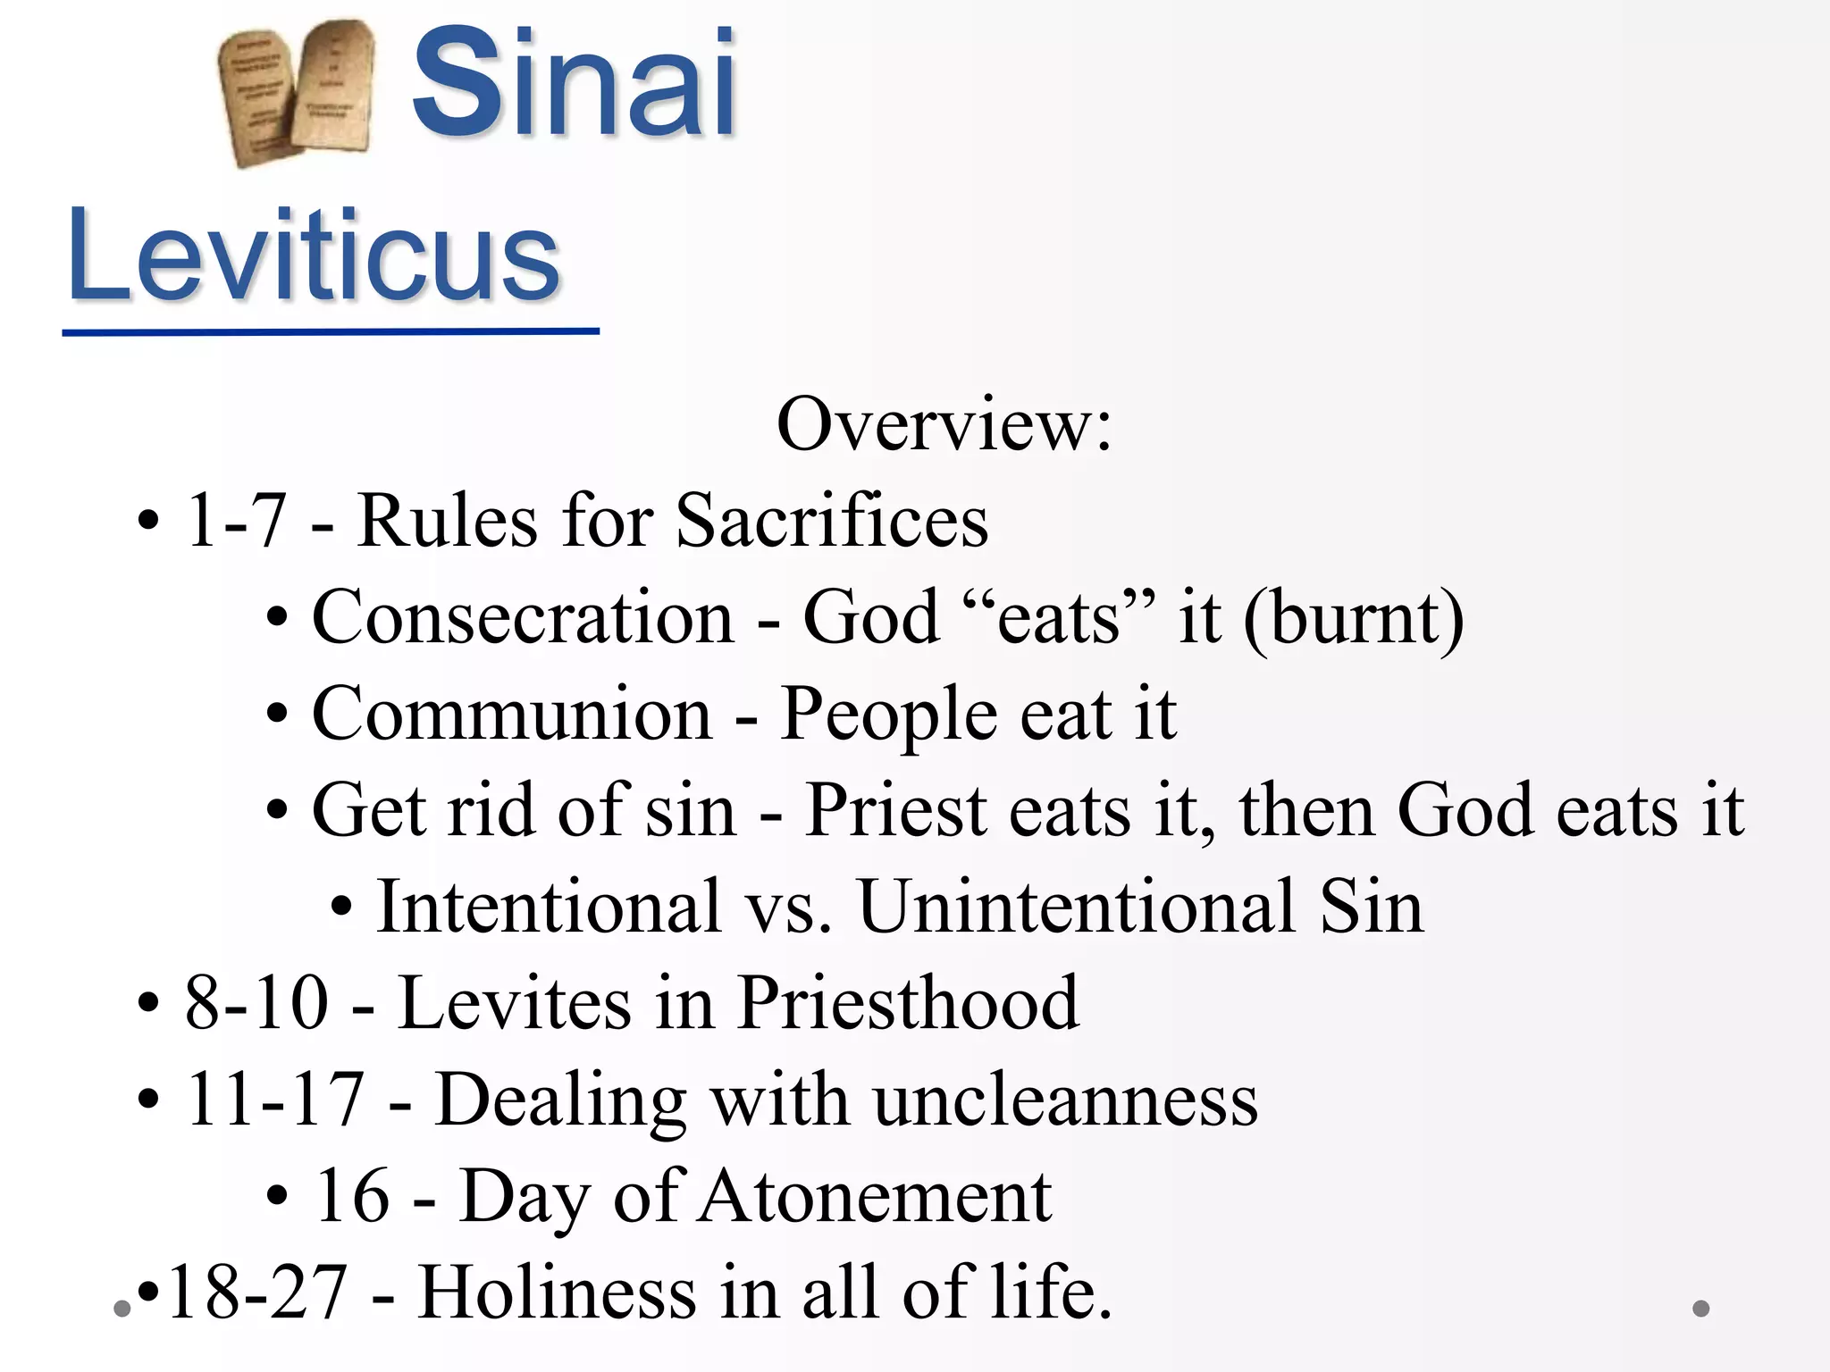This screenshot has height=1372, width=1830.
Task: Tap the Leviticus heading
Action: tap(314, 255)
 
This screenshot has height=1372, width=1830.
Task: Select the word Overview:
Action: tap(944, 424)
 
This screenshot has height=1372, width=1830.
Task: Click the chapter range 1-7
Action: tap(236, 520)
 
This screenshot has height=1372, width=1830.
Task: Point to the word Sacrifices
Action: tap(832, 520)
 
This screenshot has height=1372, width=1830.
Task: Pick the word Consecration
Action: tap(523, 617)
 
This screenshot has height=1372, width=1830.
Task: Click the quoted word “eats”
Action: tap(1059, 617)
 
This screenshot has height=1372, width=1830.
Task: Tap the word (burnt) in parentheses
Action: tap(1353, 619)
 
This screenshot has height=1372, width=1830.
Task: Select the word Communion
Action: tap(512, 714)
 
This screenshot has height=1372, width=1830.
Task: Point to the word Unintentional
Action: tap(1077, 907)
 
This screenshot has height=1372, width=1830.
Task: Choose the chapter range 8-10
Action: tap(257, 1003)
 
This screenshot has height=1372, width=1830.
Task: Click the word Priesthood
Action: tap(908, 1003)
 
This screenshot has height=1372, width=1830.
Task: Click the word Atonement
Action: tap(876, 1196)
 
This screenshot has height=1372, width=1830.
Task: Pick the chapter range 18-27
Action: tap(257, 1293)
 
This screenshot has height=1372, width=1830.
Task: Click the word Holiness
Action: tap(557, 1293)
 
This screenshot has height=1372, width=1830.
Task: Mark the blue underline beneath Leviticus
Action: tap(331, 332)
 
